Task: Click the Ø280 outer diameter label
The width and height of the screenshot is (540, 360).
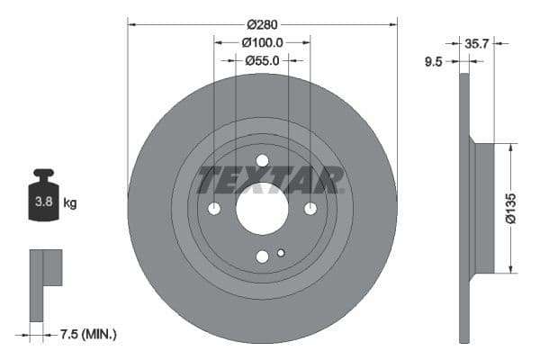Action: [x=262, y=25]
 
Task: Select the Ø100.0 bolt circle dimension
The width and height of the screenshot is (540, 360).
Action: [x=262, y=42]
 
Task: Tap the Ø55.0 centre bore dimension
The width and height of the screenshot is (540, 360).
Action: [x=262, y=60]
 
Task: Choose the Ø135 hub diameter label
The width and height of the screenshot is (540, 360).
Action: [x=510, y=207]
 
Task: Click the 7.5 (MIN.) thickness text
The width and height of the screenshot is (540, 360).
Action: [x=87, y=334]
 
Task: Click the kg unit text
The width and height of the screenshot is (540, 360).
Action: [x=70, y=203]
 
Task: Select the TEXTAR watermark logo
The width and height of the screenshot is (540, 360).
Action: [x=271, y=180]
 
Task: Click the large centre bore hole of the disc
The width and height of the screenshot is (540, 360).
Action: [x=262, y=209]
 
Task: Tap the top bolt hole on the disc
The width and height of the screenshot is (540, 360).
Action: [x=262, y=161]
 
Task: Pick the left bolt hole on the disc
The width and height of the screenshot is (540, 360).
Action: [x=214, y=209]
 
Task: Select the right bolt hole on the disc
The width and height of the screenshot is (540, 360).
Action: [x=310, y=209]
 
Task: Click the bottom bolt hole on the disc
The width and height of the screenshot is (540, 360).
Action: [x=262, y=256]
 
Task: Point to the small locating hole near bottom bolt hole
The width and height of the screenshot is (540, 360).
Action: [x=281, y=252]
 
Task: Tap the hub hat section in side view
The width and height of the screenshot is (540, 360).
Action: [x=483, y=207]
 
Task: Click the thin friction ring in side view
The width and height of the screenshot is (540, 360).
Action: [x=464, y=207]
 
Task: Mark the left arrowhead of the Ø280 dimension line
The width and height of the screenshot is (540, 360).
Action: [x=130, y=25]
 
